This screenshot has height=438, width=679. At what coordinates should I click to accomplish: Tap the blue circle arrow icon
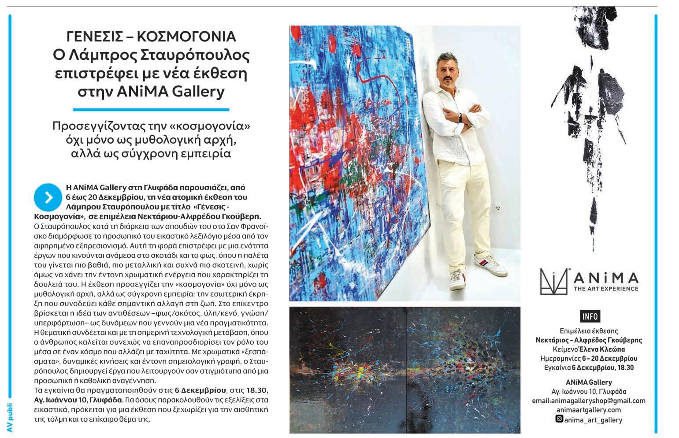pos(47,197)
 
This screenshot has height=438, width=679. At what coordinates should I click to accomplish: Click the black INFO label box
pos(590,316)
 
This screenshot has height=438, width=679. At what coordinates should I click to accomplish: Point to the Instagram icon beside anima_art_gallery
pos(559,419)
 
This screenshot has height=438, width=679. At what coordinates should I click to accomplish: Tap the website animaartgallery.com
pos(590,410)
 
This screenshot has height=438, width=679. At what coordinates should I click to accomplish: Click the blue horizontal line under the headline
pos(151,109)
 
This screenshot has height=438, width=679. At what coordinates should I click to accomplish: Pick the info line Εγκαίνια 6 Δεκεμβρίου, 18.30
pos(589,367)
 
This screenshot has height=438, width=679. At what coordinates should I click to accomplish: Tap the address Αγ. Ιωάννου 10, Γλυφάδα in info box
pos(589,391)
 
